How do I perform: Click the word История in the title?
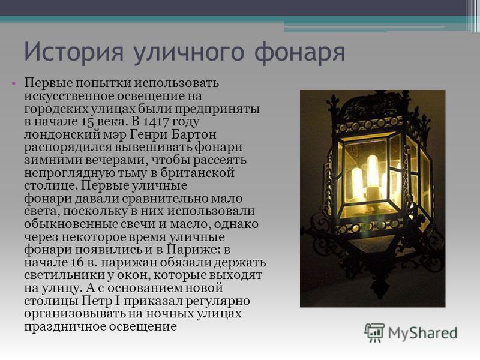(74, 52)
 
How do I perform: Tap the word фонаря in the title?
(300, 53)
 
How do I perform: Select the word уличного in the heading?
(189, 53)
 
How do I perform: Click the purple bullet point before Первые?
(13, 83)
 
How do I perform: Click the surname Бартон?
(194, 134)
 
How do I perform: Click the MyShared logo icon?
(374, 332)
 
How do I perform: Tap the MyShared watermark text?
(423, 332)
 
